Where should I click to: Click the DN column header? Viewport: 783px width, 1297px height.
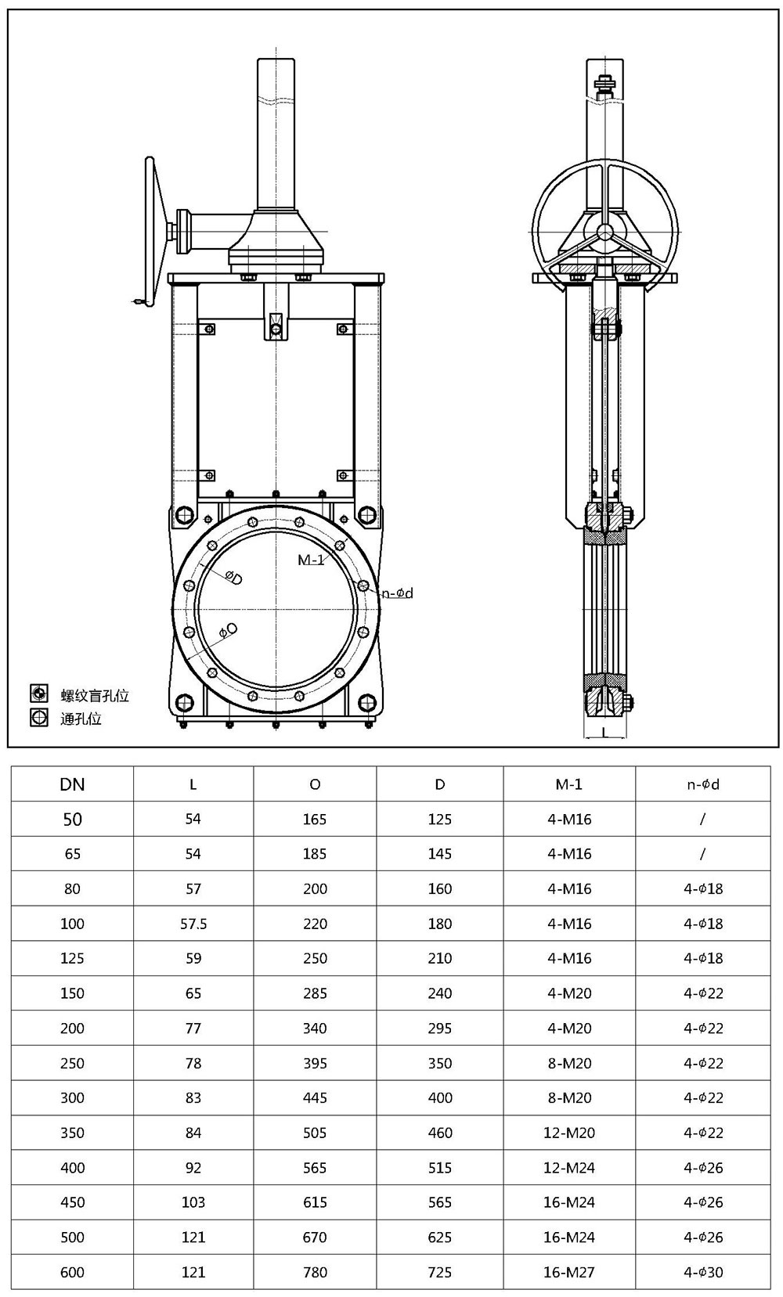[x=72, y=784]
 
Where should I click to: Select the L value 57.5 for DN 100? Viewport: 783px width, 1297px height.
[x=193, y=924]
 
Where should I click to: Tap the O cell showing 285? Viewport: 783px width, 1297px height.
[x=315, y=993]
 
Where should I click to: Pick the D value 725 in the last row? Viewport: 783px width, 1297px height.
[x=439, y=1272]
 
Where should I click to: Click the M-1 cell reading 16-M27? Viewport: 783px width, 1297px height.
[x=569, y=1272]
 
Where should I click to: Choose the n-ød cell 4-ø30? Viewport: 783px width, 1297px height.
[x=702, y=1272]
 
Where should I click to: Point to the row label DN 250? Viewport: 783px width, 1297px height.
[x=72, y=1063]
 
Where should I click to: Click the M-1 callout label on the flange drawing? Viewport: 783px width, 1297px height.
[x=311, y=560]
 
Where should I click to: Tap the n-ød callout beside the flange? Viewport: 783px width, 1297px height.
[x=398, y=593]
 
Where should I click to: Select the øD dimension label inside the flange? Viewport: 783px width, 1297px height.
[x=233, y=577]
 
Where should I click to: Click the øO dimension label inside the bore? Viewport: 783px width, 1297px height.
[x=228, y=630]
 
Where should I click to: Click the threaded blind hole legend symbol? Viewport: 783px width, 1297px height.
[x=38, y=693]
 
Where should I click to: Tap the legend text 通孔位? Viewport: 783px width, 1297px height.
[x=81, y=718]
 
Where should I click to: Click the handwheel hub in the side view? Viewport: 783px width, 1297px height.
[x=604, y=232]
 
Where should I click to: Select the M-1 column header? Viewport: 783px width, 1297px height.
[x=569, y=784]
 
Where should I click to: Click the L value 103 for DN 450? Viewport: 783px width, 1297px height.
[x=193, y=1202]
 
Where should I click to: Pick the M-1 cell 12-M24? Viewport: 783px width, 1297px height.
[x=569, y=1167]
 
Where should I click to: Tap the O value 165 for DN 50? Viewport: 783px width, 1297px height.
[x=315, y=819]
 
